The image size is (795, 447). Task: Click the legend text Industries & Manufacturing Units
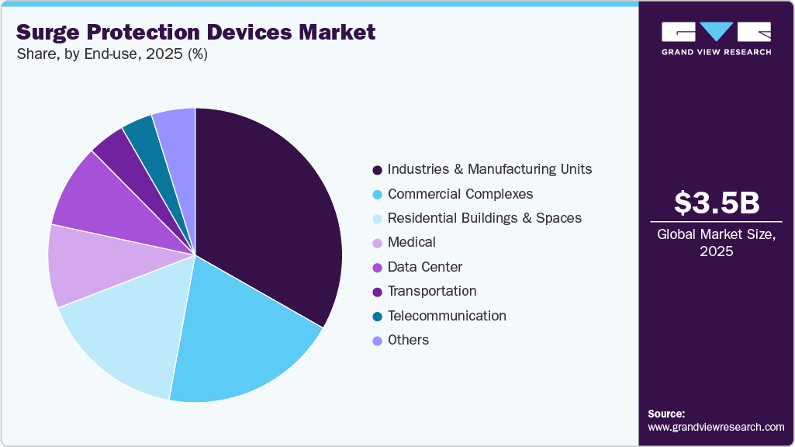point(489,169)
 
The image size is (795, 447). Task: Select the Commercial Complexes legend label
point(460,194)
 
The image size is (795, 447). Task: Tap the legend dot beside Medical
point(377,243)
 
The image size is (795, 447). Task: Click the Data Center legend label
point(424,267)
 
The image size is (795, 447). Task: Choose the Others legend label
point(408,340)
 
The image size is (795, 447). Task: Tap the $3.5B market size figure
point(716,203)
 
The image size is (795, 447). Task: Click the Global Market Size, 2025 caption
point(716,243)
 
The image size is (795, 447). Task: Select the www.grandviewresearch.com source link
point(716,427)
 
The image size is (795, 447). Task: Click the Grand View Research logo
point(716,38)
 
